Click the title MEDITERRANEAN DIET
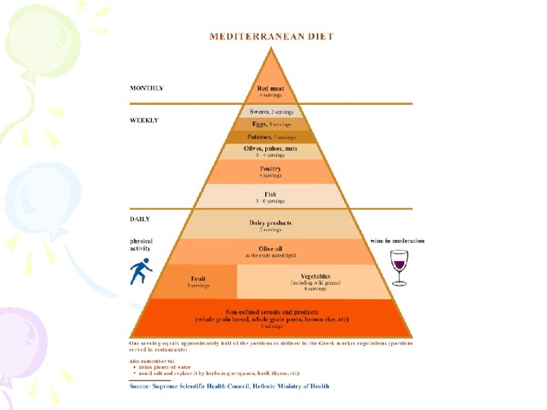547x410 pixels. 271,36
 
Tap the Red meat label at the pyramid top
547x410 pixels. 270,89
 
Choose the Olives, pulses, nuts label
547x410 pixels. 270,149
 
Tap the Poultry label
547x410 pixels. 270,169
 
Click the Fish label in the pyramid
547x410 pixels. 270,194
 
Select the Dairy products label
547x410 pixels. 270,222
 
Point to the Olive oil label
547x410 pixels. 270,248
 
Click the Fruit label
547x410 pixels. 198,279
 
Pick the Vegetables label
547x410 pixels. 315,276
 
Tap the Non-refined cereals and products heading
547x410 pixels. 271,312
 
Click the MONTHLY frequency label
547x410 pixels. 147,88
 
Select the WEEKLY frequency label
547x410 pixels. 144,120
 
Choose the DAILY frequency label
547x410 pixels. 141,219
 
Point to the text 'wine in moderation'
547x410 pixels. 397,241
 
